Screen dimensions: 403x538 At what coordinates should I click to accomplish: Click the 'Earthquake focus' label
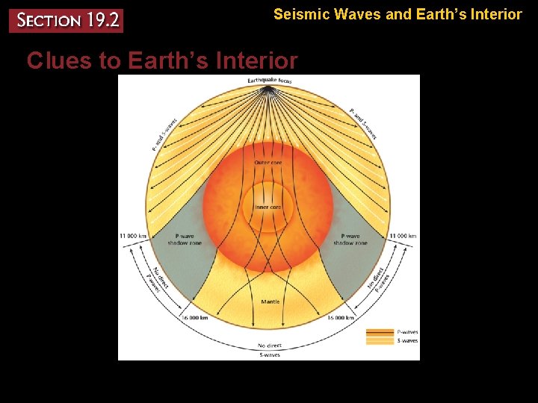point(270,81)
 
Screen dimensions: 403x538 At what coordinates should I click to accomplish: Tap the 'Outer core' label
point(268,162)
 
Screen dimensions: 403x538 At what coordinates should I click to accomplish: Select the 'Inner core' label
point(268,207)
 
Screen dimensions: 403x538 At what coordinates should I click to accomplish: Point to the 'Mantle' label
point(270,302)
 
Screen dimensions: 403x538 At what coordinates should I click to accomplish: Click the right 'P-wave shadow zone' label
point(350,240)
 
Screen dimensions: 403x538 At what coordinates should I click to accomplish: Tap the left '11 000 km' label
point(133,236)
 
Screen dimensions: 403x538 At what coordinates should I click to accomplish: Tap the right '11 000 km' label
point(402,236)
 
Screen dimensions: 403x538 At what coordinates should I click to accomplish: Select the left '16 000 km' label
point(194,317)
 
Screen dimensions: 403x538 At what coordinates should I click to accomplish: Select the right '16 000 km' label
point(340,317)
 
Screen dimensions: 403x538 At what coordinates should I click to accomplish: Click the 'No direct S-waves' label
point(270,349)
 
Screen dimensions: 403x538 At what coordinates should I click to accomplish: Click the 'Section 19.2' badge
point(65,20)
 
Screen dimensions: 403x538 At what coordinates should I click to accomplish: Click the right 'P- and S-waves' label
point(364,123)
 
